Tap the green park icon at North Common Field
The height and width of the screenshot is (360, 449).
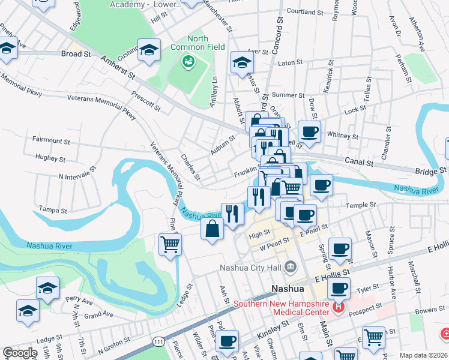(188, 61)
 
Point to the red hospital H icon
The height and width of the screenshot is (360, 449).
(338, 308)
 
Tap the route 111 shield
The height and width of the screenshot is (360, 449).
(158, 341)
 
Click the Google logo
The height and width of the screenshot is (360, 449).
(20, 353)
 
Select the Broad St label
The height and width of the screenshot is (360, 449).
(76, 53)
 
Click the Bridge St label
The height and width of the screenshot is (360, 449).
(427, 172)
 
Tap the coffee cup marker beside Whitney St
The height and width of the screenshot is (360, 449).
(309, 131)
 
